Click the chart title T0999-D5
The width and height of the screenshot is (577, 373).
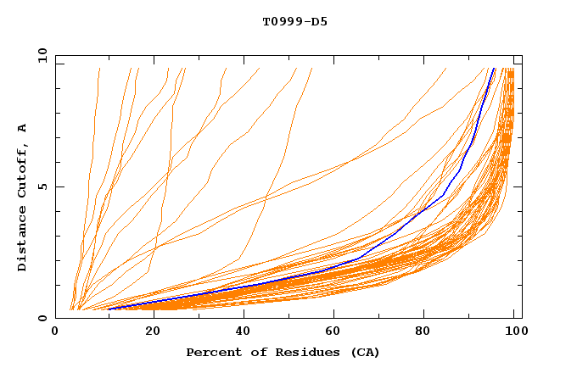[294, 21]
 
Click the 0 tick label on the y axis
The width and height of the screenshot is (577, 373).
[42, 319]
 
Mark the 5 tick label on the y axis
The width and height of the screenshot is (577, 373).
[42, 186]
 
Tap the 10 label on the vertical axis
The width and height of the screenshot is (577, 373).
[40, 55]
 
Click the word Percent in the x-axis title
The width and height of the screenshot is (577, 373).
[210, 353]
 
